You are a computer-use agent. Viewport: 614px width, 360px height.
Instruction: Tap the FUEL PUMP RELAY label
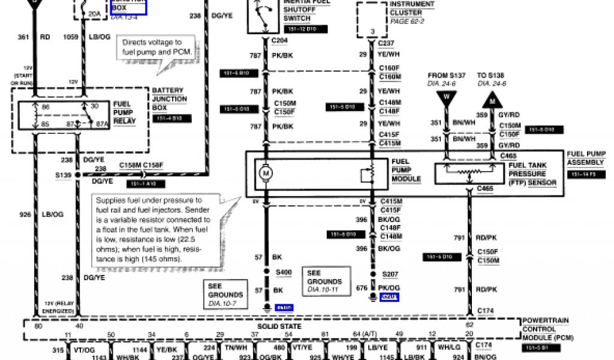click(x=125, y=112)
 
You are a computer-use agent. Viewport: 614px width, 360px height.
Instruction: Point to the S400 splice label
click(x=283, y=272)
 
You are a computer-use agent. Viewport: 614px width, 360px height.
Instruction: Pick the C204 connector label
click(x=279, y=41)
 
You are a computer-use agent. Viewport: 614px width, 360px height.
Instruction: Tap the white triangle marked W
click(x=446, y=99)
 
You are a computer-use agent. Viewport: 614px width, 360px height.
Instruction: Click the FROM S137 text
click(x=446, y=76)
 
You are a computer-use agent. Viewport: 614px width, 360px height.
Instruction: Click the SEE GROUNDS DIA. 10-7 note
click(x=225, y=295)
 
